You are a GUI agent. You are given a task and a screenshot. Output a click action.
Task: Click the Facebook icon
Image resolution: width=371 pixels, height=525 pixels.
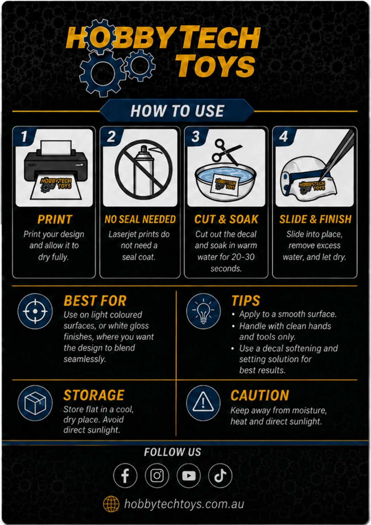pos(125,475)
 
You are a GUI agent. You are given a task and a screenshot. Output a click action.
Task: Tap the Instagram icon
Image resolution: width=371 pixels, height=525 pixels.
pos(157,475)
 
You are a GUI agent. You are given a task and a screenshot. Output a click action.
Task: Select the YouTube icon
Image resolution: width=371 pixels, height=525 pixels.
pos(188,475)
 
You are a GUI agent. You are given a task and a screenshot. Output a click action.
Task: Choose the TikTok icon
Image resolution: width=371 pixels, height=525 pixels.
pos(220,475)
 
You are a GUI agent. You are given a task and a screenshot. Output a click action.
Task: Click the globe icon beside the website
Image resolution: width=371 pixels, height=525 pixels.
pos(111,504)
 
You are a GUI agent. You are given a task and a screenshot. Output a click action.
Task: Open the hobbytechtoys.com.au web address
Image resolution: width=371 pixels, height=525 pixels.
pos(184,504)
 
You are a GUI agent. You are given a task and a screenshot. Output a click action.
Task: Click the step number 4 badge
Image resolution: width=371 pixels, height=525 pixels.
pos(284,137)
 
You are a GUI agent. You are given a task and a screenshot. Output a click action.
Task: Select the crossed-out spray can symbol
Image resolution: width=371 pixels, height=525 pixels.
pos(144,170)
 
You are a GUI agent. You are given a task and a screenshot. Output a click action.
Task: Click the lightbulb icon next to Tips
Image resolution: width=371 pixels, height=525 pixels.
pos(203,311)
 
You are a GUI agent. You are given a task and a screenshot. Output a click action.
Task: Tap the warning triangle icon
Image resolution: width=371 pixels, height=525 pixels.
pos(203,403)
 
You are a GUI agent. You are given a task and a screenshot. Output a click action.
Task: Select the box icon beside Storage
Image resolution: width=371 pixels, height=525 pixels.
pos(35,403)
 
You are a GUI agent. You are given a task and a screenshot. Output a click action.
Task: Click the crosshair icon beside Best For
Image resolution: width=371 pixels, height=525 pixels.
pos(35,311)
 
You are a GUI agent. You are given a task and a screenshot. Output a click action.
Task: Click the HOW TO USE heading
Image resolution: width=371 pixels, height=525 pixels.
pos(177,111)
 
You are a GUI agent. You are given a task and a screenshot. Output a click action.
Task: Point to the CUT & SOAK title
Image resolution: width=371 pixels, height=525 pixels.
pos(226,219)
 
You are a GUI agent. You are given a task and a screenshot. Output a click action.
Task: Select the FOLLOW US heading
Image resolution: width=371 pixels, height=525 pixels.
pos(173,452)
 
